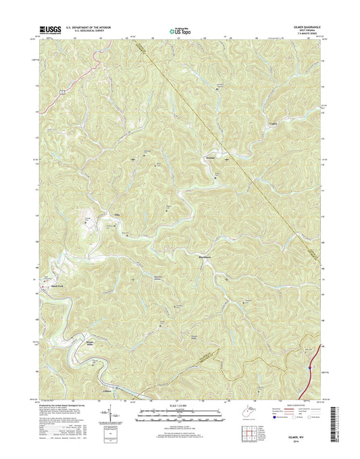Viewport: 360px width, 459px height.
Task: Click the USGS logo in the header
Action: click(x=51, y=29)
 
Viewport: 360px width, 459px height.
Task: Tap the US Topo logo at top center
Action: click(x=179, y=30)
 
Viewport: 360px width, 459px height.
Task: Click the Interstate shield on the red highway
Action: click(x=309, y=368)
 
